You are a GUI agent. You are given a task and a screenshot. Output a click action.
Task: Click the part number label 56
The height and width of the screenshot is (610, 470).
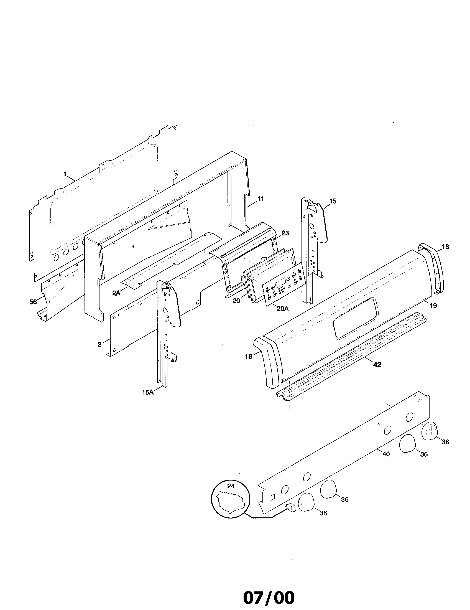coord(33,302)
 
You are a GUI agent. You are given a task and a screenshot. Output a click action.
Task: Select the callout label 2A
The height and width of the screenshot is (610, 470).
coord(116,293)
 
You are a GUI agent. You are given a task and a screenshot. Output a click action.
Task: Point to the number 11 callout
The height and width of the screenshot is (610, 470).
coord(260,199)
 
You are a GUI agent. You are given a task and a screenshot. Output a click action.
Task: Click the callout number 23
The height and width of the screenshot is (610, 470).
coord(285,233)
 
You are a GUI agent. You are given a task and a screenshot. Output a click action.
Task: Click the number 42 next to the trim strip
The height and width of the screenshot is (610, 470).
coord(377,365)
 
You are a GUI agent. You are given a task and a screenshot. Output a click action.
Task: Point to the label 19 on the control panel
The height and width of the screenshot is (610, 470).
coord(433,306)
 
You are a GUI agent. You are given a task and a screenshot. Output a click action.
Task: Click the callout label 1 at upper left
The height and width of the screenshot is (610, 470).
coord(65,174)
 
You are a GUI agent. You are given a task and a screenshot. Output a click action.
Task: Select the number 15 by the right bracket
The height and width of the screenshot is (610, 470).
coord(333,201)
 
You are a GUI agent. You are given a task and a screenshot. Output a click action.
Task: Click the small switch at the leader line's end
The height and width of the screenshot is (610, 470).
coord(290,507)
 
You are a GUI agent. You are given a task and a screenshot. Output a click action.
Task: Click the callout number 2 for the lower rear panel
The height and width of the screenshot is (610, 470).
coord(99,344)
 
